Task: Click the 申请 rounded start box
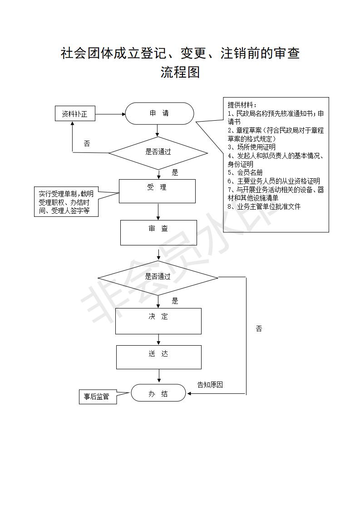point(159,113)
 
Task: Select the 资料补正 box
point(75,114)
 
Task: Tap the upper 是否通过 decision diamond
point(158,153)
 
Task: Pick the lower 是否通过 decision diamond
point(158,278)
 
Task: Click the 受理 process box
point(157,191)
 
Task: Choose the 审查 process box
point(158,233)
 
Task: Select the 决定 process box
point(158,321)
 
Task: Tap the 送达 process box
point(159,357)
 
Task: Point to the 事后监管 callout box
point(98,396)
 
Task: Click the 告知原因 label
point(210,385)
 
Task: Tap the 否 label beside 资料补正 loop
point(87,143)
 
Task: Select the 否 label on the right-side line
point(259,329)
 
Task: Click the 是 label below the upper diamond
point(175,173)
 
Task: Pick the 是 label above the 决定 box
point(175,301)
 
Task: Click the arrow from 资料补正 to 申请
point(110,114)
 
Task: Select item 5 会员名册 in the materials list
point(245,172)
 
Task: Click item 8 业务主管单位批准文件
point(264,206)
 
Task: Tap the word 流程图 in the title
point(180,72)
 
